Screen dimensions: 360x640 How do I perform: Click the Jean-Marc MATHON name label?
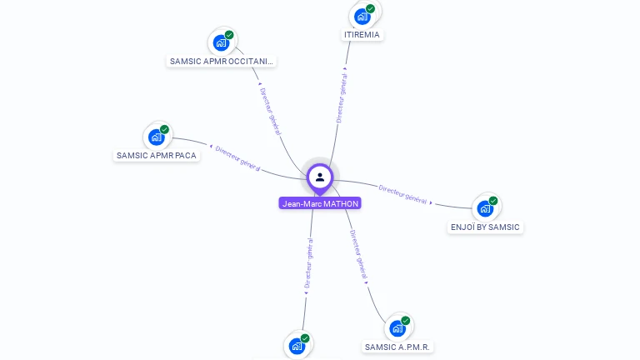320,203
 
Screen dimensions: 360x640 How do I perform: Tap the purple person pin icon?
320,177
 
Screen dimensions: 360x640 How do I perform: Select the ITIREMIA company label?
362,35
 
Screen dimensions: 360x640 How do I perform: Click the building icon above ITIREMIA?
362,16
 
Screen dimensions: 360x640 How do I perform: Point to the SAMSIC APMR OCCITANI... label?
222,61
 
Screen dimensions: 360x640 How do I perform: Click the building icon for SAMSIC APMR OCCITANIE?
221,42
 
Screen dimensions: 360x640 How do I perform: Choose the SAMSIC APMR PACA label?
157,155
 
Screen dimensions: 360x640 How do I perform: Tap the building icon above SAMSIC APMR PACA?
156,137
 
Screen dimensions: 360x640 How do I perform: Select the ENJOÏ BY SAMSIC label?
485,227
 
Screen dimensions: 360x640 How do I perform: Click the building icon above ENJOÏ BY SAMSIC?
485,208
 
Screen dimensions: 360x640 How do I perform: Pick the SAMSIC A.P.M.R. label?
399,347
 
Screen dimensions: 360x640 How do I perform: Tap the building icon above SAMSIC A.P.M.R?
397,328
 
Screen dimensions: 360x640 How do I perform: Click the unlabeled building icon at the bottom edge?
297,346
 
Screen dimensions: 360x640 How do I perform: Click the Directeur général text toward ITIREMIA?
341,98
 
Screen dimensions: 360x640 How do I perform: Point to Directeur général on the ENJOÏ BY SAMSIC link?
403,194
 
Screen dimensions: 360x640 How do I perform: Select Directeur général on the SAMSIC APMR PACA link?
238,157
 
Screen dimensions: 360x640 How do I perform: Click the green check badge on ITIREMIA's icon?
370,9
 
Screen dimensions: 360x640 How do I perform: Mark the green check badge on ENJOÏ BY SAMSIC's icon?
493,201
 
